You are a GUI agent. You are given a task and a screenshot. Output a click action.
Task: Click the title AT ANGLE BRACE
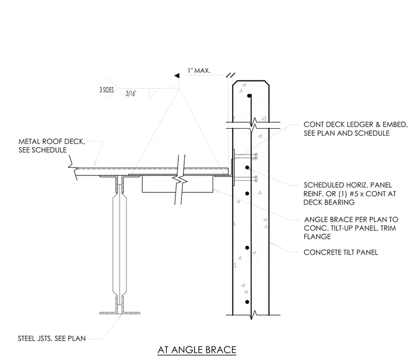(x=197, y=350)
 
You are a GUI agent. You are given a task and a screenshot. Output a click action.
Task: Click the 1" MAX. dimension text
(x=199, y=71)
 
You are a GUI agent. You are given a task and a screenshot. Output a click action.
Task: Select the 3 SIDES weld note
(x=107, y=90)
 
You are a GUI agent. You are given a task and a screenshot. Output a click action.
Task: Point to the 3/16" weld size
(x=131, y=93)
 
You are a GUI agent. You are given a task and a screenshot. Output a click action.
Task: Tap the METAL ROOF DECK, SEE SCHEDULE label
(x=52, y=146)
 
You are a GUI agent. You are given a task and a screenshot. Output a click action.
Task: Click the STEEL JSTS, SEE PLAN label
(x=52, y=338)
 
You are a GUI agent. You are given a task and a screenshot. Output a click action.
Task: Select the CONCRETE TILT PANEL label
(x=341, y=252)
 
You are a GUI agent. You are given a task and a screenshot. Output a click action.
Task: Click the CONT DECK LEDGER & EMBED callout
(x=355, y=129)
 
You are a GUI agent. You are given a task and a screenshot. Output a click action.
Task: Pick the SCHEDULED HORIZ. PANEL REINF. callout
(x=350, y=194)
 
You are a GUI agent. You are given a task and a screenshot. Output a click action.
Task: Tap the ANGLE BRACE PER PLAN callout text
(x=351, y=228)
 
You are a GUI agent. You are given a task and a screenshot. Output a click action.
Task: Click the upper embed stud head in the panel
(x=256, y=156)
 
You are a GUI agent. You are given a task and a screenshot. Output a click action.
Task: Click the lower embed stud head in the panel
(x=256, y=179)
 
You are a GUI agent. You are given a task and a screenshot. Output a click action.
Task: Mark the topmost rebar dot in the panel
(x=249, y=96)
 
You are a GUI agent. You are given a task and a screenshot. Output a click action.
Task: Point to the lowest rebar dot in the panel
(x=247, y=302)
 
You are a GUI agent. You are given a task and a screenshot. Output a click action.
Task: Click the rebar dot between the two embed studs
(x=247, y=167)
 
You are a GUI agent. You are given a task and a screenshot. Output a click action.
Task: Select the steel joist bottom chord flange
(x=120, y=313)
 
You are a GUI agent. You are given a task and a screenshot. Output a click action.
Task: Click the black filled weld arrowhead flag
(x=177, y=76)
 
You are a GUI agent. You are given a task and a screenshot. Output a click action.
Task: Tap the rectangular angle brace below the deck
(x=178, y=184)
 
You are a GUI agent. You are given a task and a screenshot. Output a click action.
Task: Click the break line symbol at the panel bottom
(x=253, y=314)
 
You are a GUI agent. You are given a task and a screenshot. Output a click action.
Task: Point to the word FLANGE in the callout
(x=317, y=237)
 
